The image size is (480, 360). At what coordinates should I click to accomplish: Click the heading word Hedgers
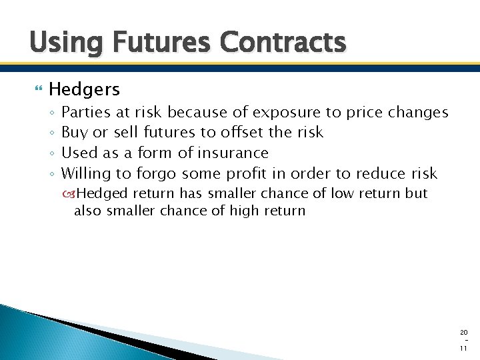point(84,89)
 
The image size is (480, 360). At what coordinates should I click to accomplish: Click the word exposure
point(286,112)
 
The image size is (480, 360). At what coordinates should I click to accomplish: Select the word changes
point(418,112)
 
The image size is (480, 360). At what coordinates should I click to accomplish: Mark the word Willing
point(87,174)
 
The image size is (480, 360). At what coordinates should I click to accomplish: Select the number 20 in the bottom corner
point(464,332)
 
